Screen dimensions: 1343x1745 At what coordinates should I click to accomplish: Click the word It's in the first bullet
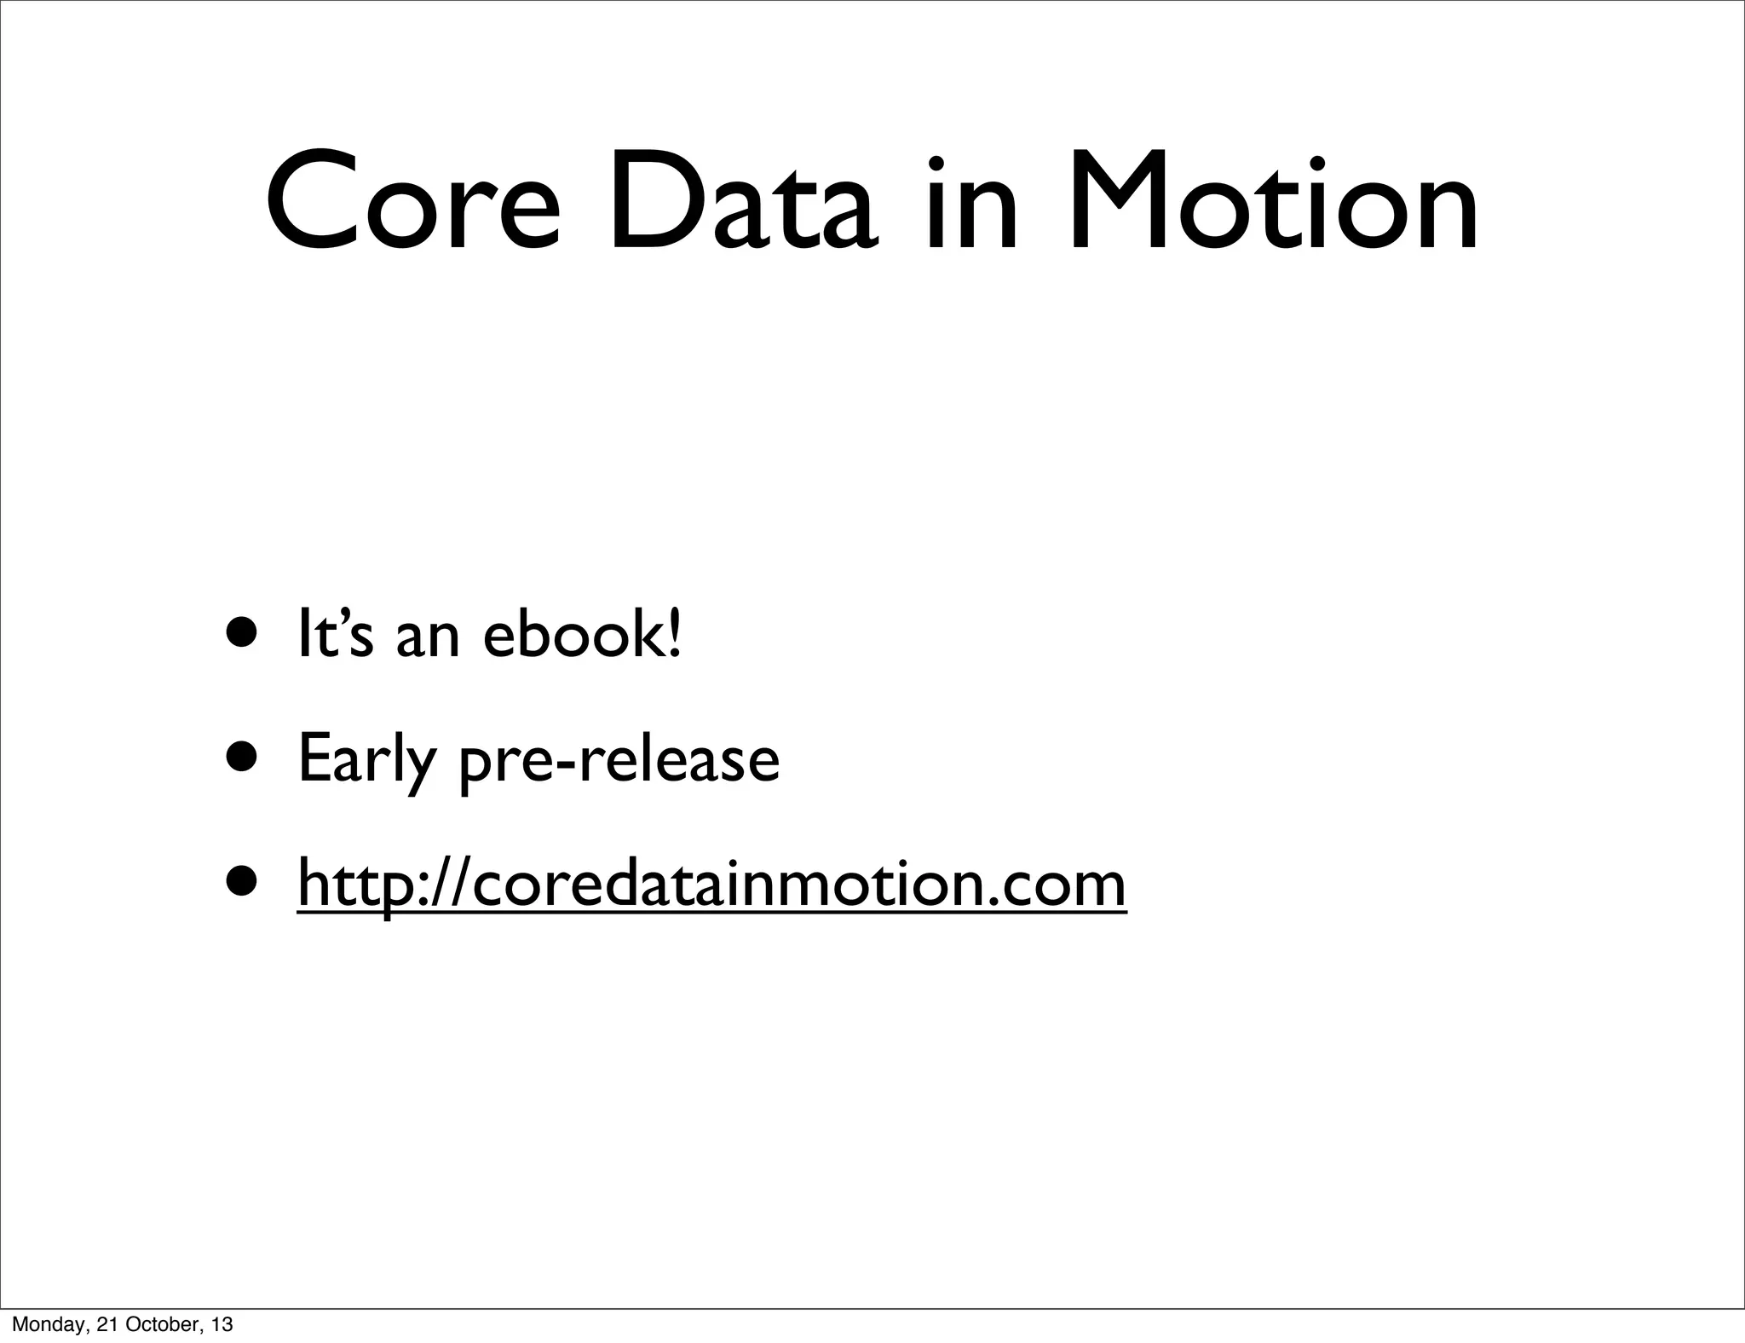334,634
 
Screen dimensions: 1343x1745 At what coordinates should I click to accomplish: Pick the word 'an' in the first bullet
428,639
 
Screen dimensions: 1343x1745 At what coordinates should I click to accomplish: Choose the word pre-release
619,760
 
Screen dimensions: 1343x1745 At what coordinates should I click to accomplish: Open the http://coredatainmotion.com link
711,885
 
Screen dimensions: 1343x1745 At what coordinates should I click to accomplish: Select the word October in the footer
163,1324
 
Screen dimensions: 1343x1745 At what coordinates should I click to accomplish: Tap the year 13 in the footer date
222,1324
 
